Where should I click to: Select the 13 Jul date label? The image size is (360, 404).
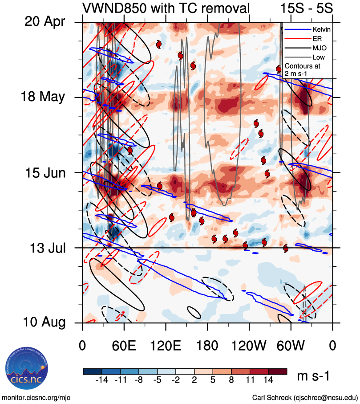[45, 248]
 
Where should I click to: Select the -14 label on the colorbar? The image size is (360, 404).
[102, 380]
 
